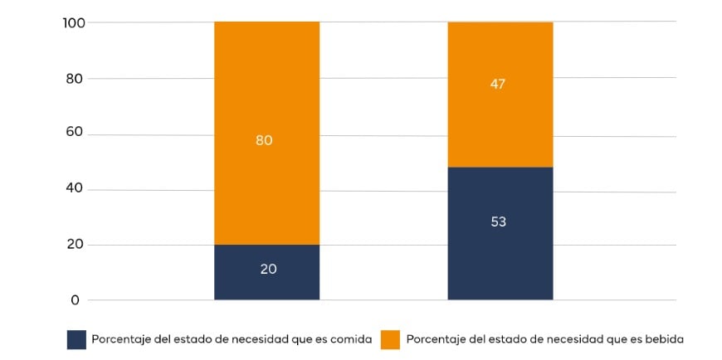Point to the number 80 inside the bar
264,140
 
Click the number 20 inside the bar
267,269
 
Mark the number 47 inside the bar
498,84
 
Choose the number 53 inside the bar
498,221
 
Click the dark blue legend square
76,339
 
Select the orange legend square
390,339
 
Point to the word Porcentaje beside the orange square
437,339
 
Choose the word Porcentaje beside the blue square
121,339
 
